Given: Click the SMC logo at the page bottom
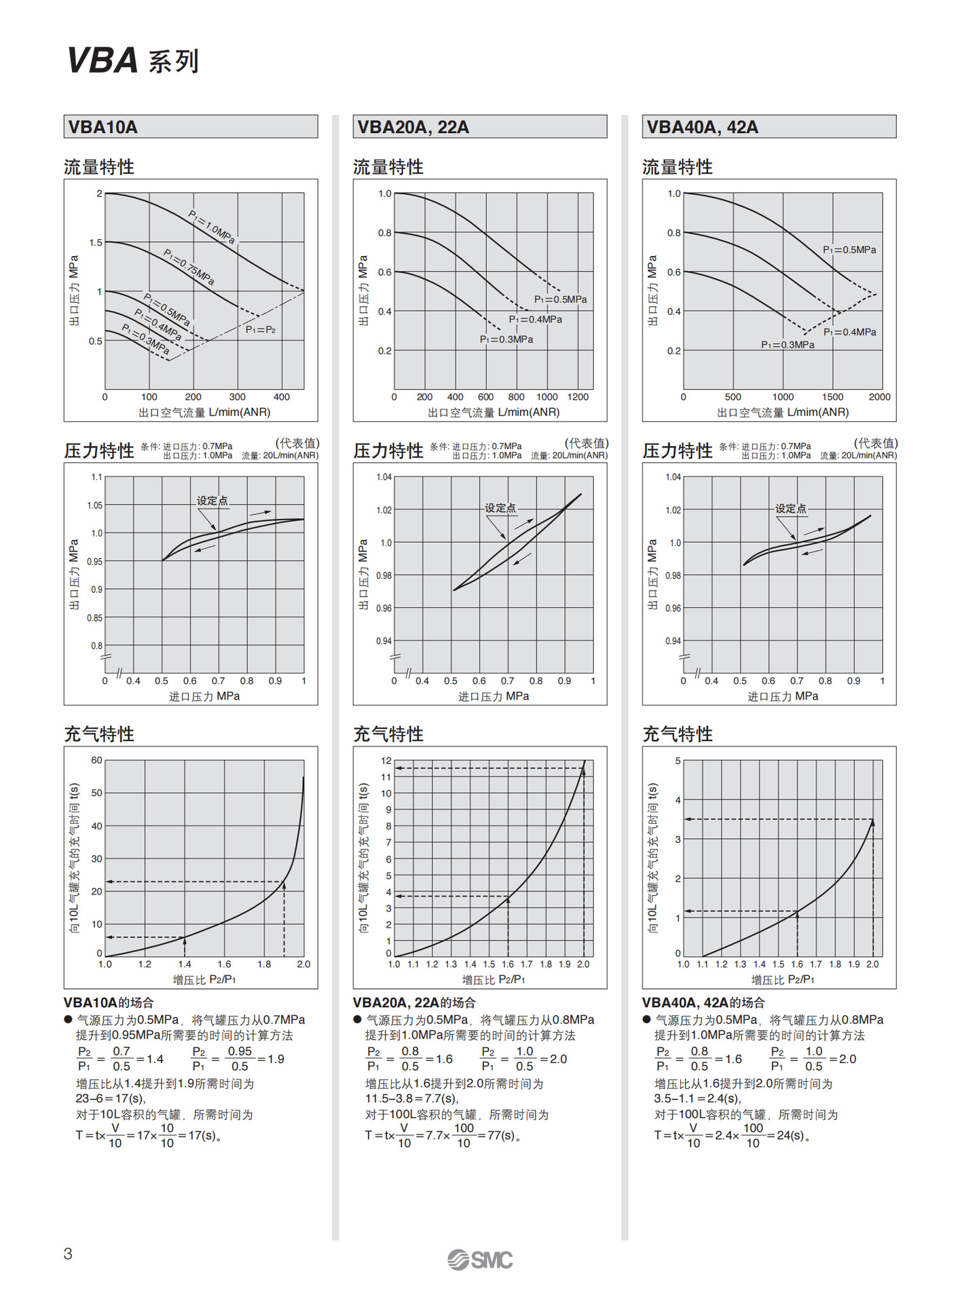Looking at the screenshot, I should (x=480, y=1260).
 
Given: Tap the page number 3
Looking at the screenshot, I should (x=68, y=1254).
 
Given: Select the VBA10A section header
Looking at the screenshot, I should (x=103, y=127).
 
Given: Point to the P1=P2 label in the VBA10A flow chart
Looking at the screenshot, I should (x=261, y=329).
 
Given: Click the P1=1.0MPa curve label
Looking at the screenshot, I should (x=212, y=227).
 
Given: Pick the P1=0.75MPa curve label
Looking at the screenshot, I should (x=189, y=266).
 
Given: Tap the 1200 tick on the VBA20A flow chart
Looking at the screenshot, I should (x=578, y=397).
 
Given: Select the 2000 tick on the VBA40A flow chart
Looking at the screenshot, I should (x=879, y=397).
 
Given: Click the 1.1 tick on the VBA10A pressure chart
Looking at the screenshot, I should (x=96, y=477).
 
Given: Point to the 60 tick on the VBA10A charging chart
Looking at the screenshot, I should (x=96, y=760).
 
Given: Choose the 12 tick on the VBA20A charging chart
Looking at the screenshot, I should (x=386, y=761).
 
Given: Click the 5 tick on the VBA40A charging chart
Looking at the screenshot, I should (x=678, y=761).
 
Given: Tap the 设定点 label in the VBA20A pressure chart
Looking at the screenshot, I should (x=500, y=508).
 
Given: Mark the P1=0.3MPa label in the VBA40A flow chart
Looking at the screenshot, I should (x=788, y=345).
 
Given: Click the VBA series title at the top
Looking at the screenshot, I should (x=133, y=61).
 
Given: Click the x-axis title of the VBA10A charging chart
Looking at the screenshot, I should (x=204, y=979).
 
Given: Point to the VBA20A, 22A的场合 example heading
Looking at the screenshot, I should (x=414, y=1002).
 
